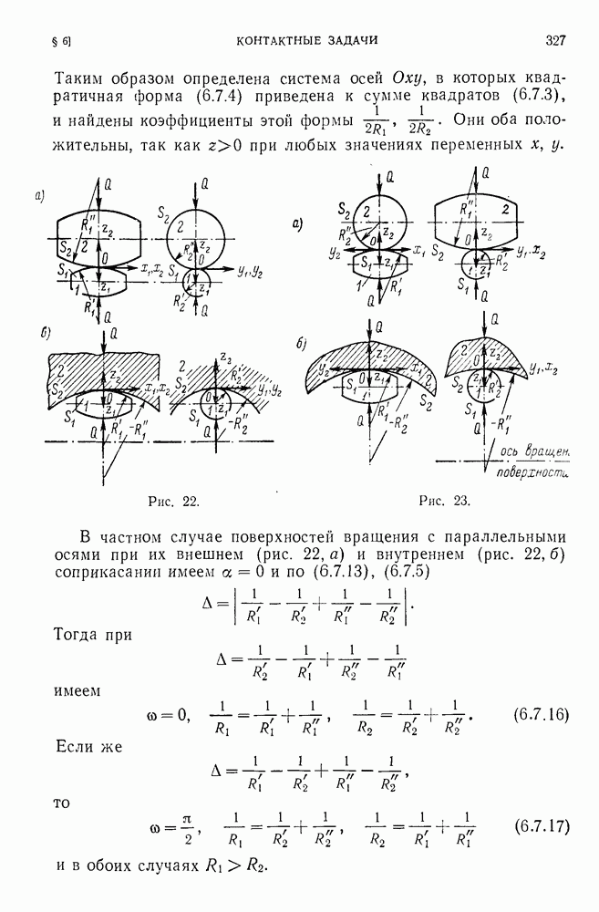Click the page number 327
click(555, 40)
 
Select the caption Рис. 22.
click(174, 502)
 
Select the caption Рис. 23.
click(445, 502)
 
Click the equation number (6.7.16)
click(541, 715)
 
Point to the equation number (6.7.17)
click(542, 826)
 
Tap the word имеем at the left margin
click(77, 691)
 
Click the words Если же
click(89, 746)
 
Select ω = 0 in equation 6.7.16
click(169, 715)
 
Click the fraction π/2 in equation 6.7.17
click(187, 826)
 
